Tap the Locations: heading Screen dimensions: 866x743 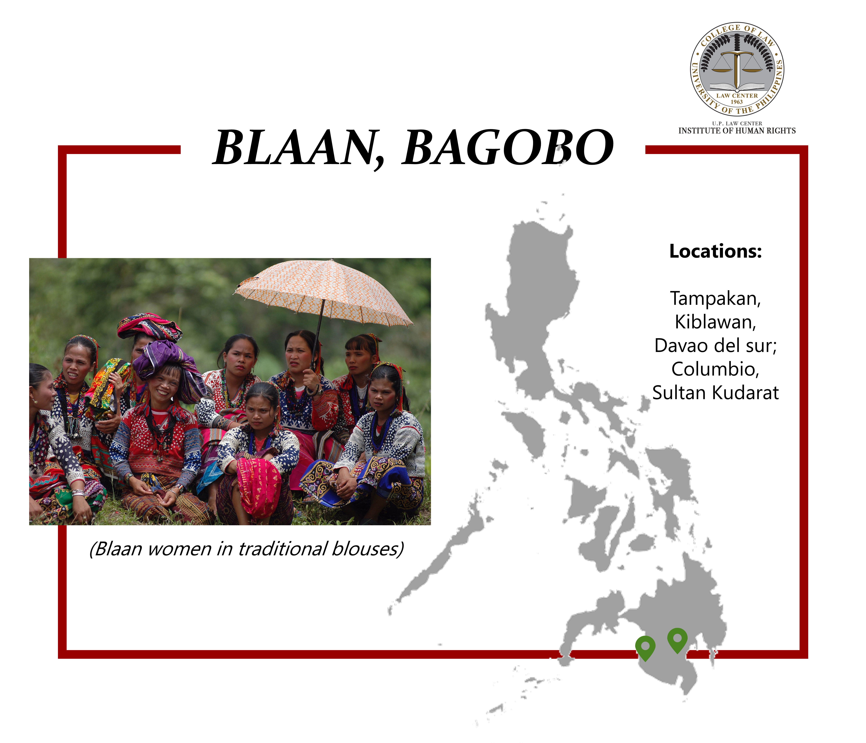click(716, 251)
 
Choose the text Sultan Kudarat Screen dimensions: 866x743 click(716, 393)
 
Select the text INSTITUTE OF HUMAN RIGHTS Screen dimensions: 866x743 click(737, 131)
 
